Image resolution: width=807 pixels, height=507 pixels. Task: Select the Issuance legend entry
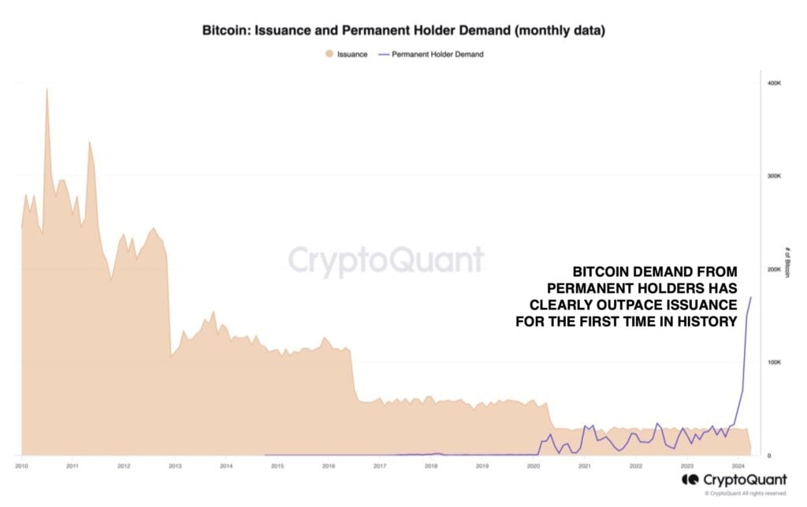coord(347,54)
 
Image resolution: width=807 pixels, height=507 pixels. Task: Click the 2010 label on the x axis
coord(21,467)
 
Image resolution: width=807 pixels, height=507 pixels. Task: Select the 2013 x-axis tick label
coord(175,467)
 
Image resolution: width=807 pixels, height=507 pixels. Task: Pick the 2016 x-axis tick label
coord(328,467)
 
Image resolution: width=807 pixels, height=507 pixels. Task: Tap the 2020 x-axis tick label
coord(532,467)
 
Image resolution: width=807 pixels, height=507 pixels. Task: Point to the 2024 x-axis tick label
coord(736,467)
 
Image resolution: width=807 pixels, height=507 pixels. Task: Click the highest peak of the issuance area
coord(46,89)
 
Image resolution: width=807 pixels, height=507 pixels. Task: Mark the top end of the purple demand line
coord(751,297)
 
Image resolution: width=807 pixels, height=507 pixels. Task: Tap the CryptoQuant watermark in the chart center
coord(385,260)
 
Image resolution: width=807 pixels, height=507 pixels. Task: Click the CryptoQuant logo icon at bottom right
coord(690,479)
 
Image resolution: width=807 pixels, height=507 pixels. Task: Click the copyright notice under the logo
coord(745,494)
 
